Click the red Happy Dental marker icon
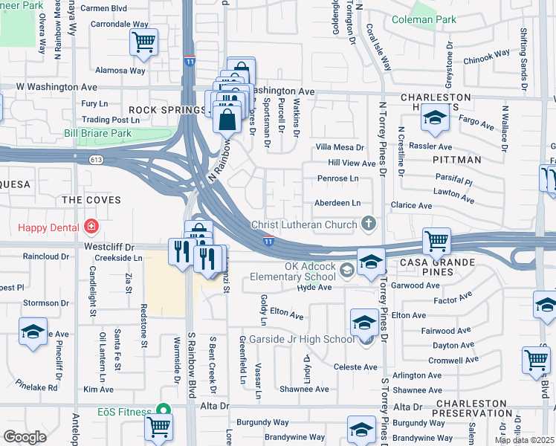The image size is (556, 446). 91,224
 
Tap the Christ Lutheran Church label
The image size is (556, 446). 305,224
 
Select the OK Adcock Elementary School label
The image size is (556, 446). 310,272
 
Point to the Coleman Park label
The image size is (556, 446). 424,19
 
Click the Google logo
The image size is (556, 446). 25,436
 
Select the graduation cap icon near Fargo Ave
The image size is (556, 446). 435,117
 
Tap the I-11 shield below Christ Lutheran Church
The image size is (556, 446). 268,241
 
